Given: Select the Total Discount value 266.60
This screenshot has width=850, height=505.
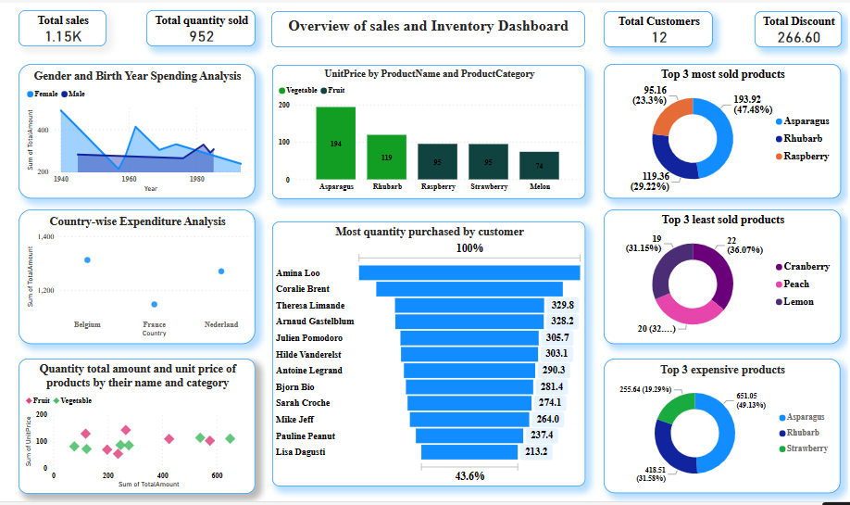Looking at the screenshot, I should (x=798, y=37).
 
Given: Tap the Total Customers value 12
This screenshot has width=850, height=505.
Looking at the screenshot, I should (x=658, y=37).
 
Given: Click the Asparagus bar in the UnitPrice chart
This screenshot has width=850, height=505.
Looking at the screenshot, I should (x=335, y=144).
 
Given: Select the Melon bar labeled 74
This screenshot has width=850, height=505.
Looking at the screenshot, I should (x=539, y=165).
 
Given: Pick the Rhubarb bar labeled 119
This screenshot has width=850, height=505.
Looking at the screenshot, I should (x=386, y=157).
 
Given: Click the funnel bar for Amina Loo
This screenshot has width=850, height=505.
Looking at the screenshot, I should (x=469, y=272).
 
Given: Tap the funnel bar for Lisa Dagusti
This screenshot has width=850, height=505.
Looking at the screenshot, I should (x=469, y=452).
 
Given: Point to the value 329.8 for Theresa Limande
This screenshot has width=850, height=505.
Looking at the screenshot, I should (x=562, y=305).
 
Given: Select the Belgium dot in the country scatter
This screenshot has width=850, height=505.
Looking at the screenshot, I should (x=87, y=260).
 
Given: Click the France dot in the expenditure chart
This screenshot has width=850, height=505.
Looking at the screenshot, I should (x=155, y=304).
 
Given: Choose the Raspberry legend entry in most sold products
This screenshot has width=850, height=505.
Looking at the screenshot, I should (x=806, y=156).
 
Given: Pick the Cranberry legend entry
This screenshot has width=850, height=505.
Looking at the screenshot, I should (x=806, y=267).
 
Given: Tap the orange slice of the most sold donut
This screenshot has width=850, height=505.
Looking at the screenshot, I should (x=670, y=117).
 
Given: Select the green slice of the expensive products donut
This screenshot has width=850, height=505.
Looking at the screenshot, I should (x=673, y=409).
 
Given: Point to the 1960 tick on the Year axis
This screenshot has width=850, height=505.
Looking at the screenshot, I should (x=129, y=179).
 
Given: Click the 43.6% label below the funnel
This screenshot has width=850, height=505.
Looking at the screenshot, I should (x=469, y=475).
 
